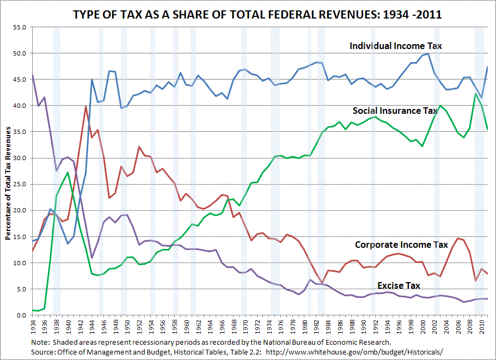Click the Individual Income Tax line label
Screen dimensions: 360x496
[x=395, y=46]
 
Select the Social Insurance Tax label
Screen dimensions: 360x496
[x=395, y=111]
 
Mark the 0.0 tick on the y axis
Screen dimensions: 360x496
[x=21, y=315]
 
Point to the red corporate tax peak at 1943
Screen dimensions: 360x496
[x=85, y=106]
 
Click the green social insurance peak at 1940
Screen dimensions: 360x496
[x=68, y=173]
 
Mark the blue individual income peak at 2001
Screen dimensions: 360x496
[x=428, y=53]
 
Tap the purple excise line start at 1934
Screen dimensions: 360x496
[x=33, y=75]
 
